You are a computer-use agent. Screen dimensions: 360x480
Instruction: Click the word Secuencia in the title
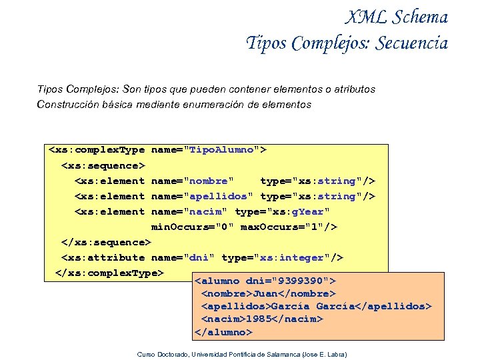(411, 43)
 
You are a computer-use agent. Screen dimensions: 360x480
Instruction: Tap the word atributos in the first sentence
(352, 89)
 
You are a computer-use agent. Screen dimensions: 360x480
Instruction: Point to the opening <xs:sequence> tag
(103, 165)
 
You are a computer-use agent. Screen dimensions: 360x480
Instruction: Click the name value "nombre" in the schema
(208, 181)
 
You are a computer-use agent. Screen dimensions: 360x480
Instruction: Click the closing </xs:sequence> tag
(107, 242)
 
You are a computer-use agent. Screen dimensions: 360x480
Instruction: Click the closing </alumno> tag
(223, 331)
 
